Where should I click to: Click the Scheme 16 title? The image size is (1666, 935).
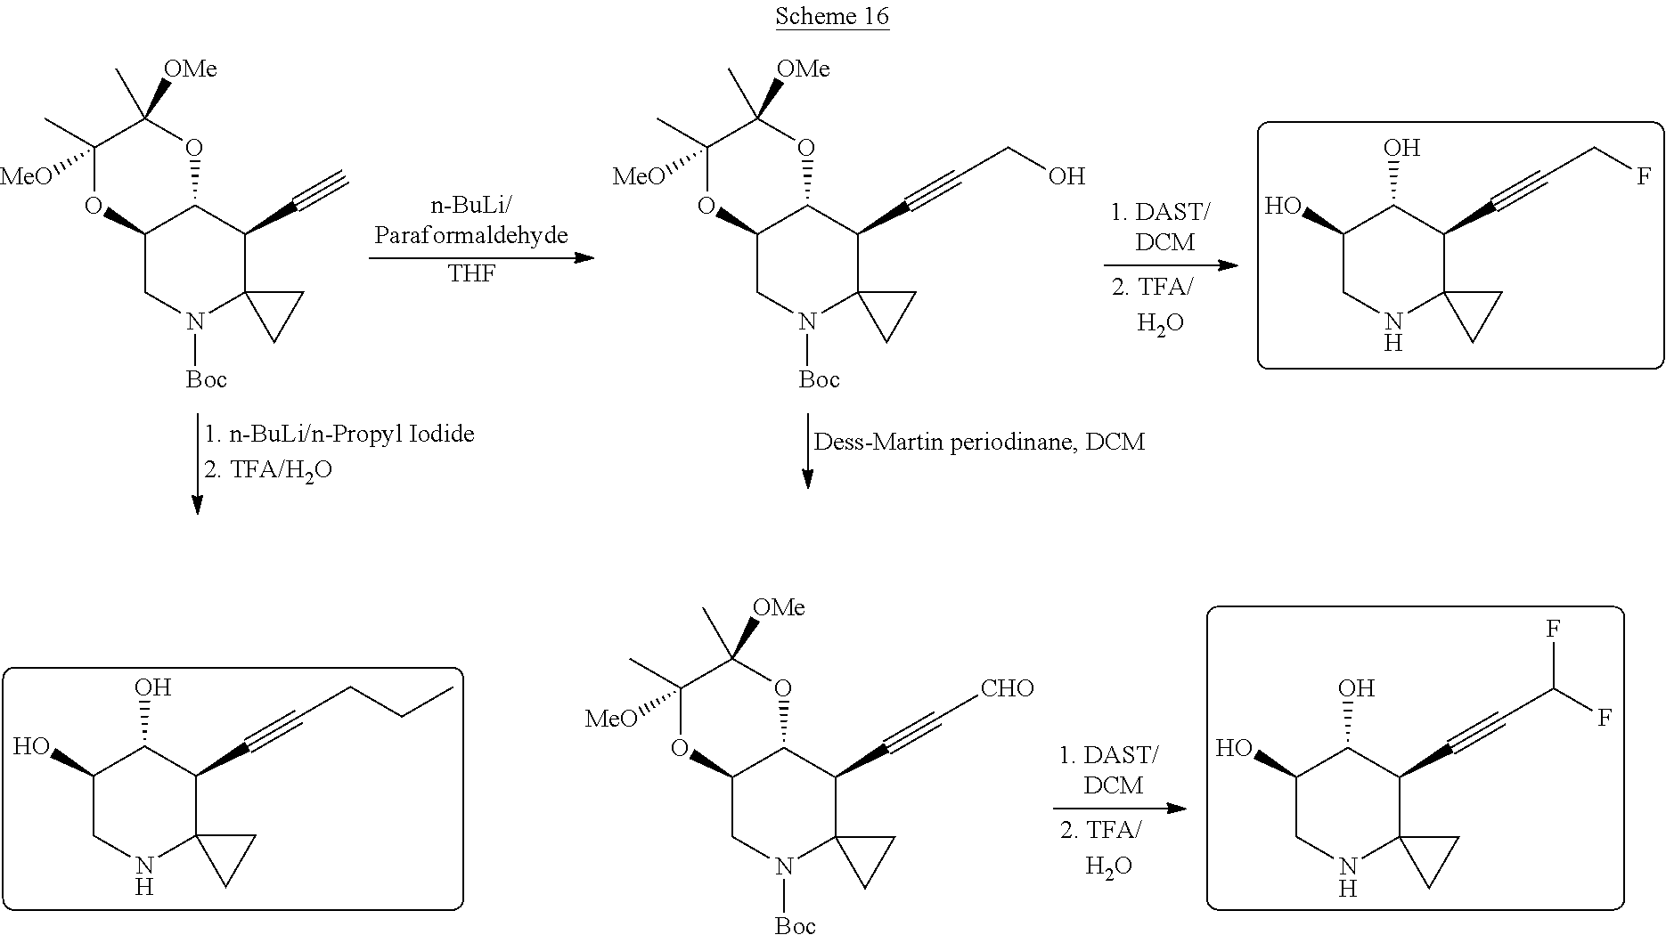pyautogui.click(x=832, y=16)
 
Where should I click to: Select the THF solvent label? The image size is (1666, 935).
pyautogui.click(x=471, y=273)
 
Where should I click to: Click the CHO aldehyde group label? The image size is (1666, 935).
pyautogui.click(x=1007, y=688)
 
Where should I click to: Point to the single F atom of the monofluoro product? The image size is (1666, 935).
pyautogui.click(x=1642, y=177)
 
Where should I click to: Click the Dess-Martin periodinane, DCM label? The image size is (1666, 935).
pyautogui.click(x=979, y=442)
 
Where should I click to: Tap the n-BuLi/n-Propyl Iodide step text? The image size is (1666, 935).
pyautogui.click(x=339, y=434)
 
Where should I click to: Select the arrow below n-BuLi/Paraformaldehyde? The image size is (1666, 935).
pyautogui.click(x=482, y=258)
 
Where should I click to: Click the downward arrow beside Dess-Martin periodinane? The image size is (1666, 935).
pyautogui.click(x=808, y=451)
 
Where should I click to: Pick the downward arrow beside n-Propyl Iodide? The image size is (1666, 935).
pyautogui.click(x=197, y=464)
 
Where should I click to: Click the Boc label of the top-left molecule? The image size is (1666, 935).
pyautogui.click(x=206, y=379)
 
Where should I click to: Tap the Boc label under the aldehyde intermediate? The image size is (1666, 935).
pyautogui.click(x=795, y=925)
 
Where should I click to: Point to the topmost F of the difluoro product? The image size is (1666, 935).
pyautogui.click(x=1554, y=629)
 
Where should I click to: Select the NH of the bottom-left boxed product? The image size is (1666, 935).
pyautogui.click(x=145, y=874)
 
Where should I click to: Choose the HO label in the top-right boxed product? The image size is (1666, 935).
pyautogui.click(x=1283, y=207)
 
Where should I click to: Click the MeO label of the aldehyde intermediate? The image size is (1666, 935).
pyautogui.click(x=610, y=718)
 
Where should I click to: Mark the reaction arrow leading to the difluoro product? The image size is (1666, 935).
pyautogui.click(x=1120, y=809)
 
